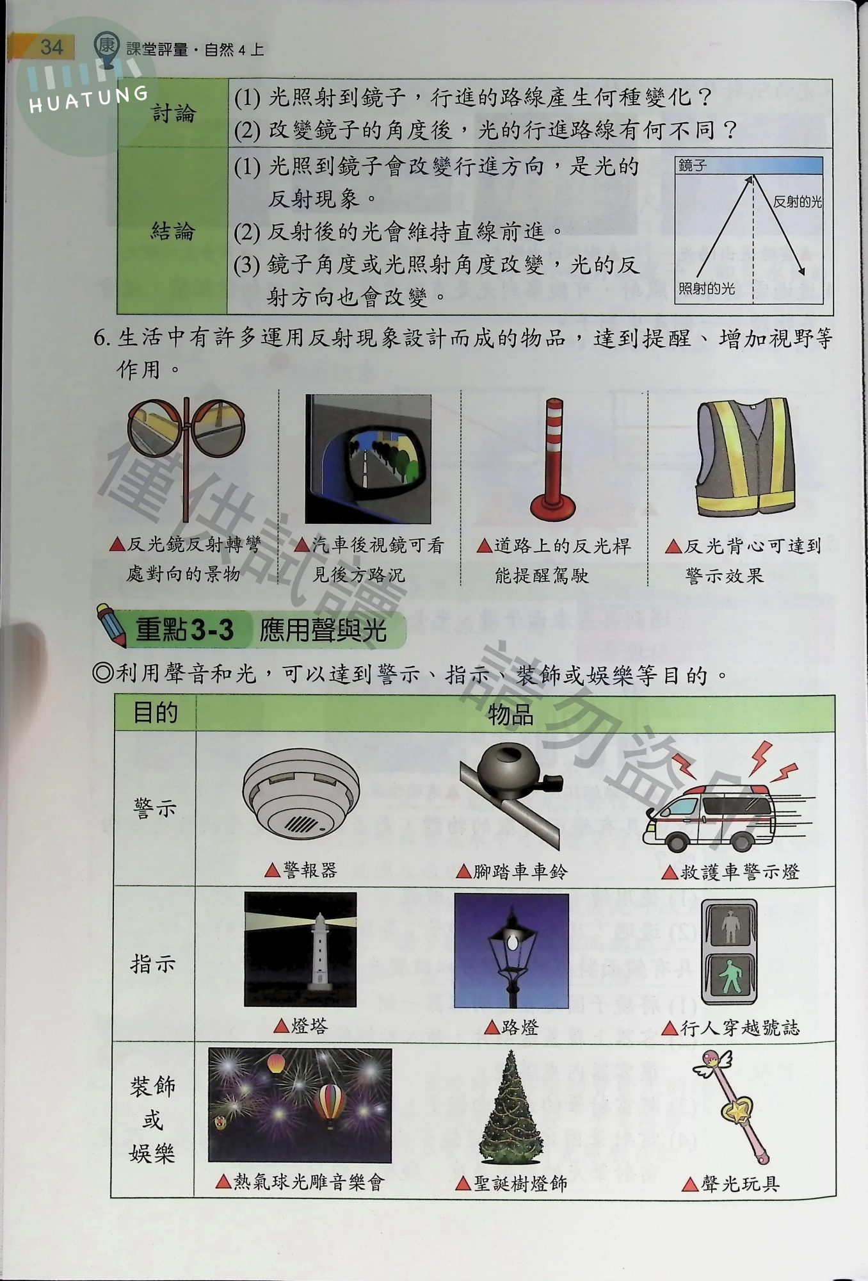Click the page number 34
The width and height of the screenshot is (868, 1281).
click(51, 47)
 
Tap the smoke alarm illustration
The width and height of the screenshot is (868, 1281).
click(301, 794)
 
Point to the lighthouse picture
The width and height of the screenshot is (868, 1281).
click(300, 949)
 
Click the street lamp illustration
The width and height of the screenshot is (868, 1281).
click(511, 951)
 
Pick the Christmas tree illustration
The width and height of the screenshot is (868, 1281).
click(511, 1108)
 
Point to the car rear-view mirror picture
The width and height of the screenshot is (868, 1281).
click(368, 459)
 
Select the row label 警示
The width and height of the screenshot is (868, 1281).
click(154, 808)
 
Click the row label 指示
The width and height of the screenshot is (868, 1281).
click(153, 964)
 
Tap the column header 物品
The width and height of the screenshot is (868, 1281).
click(511, 714)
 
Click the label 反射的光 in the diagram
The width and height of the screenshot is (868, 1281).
click(798, 202)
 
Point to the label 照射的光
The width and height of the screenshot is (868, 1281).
click(707, 289)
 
